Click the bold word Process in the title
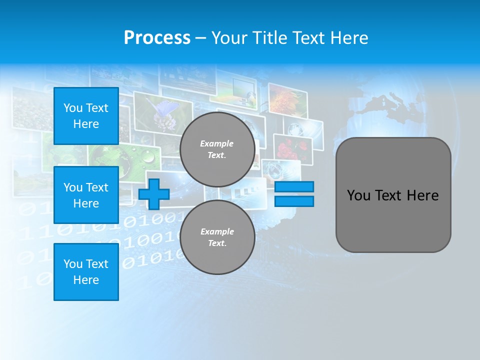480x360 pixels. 157,38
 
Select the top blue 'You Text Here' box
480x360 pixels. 86,116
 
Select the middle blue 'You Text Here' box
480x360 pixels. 86,195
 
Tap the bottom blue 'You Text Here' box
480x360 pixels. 86,272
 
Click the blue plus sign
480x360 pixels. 154,194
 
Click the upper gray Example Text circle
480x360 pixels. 217,149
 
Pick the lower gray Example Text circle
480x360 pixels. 217,237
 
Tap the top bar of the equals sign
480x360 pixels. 294,187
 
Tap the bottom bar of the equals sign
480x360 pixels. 294,201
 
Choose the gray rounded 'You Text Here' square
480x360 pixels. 393,195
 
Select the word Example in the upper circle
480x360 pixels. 217,143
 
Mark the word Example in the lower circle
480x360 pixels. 217,231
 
